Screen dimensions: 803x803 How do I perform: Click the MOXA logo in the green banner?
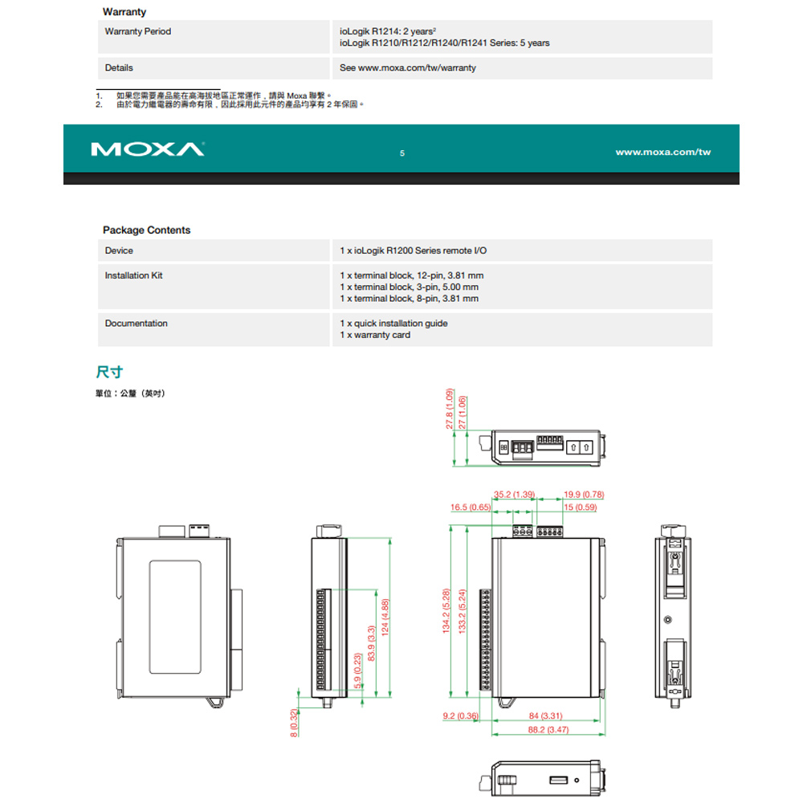(149, 150)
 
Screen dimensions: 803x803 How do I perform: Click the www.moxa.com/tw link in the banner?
(662, 152)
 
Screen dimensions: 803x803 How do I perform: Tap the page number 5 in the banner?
(402, 153)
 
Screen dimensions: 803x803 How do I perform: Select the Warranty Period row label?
(138, 31)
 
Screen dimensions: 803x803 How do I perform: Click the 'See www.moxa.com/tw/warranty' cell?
(407, 67)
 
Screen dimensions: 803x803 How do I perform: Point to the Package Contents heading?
(146, 230)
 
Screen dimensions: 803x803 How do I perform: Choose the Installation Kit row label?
(133, 275)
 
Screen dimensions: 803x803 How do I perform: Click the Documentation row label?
(136, 324)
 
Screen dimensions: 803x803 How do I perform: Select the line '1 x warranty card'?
(375, 335)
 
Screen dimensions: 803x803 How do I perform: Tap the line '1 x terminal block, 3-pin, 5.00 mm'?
(409, 287)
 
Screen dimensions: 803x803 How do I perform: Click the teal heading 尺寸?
(108, 372)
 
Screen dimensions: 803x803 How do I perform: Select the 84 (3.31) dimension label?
(545, 715)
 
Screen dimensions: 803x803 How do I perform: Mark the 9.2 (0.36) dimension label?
(461, 715)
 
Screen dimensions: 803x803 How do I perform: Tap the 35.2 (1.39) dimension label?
(514, 494)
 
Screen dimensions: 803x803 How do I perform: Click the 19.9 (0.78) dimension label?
(584, 494)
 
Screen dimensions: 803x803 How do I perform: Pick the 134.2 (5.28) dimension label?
(447, 612)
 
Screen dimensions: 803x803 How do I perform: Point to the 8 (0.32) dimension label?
(294, 723)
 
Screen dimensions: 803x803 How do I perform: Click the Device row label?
(119, 251)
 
